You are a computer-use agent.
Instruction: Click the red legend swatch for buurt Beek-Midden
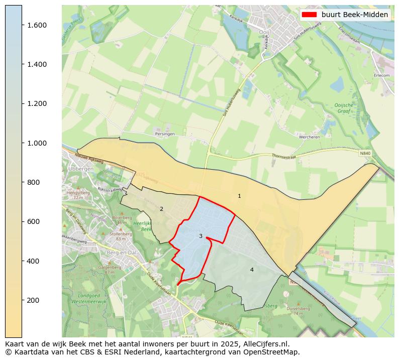coord(309,15)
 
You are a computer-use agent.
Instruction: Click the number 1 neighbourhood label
coord(239,196)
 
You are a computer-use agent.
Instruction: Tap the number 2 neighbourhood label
coord(161,209)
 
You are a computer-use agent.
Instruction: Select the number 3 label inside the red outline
coord(201,236)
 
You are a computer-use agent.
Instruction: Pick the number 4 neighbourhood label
coord(252,270)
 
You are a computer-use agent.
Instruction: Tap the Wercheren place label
coord(310,137)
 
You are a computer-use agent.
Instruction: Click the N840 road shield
coord(365,153)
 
